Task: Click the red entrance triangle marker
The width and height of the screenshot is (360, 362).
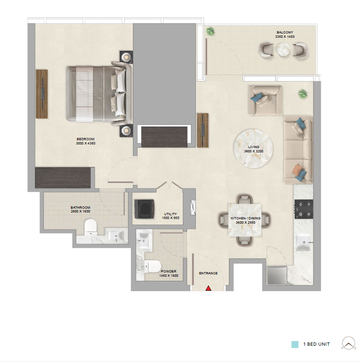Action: tap(208, 288)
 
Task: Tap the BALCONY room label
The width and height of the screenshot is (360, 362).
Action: tap(284, 32)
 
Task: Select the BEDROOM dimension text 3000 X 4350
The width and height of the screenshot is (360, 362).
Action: tap(85, 143)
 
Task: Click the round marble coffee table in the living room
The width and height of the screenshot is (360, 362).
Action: tap(253, 149)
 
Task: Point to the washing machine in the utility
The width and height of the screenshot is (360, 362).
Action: tap(145, 209)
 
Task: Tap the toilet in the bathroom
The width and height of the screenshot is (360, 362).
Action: tap(90, 227)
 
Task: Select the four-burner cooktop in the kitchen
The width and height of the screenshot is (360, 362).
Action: tap(304, 209)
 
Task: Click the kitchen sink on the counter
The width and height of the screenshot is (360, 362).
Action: tap(304, 242)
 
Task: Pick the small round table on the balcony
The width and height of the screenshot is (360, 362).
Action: tap(283, 50)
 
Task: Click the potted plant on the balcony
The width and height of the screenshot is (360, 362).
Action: tap(210, 31)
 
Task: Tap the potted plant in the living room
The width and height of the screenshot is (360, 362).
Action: tap(303, 94)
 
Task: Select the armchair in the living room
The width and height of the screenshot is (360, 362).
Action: tap(265, 100)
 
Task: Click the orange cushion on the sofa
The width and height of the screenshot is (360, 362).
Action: tap(297, 171)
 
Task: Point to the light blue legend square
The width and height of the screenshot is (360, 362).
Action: tap(295, 344)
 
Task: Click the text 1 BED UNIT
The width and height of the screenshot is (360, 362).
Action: tap(316, 344)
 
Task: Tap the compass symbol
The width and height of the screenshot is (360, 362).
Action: tap(349, 343)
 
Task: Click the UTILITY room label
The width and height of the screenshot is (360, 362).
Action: tap(170, 214)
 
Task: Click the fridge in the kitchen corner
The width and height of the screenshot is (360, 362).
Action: tap(277, 275)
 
